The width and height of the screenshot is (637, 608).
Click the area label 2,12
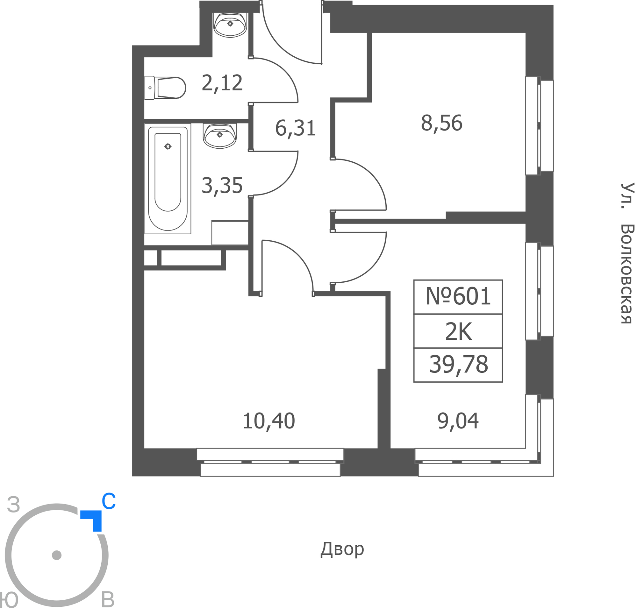[x=222, y=83]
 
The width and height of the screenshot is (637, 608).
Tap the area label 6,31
[x=295, y=128]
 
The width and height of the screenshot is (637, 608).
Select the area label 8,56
[x=441, y=124]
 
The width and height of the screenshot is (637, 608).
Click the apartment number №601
[x=458, y=296]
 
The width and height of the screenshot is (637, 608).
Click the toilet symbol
[x=165, y=88]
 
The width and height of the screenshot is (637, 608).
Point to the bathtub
[x=168, y=179]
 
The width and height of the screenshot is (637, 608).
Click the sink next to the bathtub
[x=219, y=136]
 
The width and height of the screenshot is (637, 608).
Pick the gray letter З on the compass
[x=14, y=505]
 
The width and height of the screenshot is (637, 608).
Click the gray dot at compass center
[x=57, y=555]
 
